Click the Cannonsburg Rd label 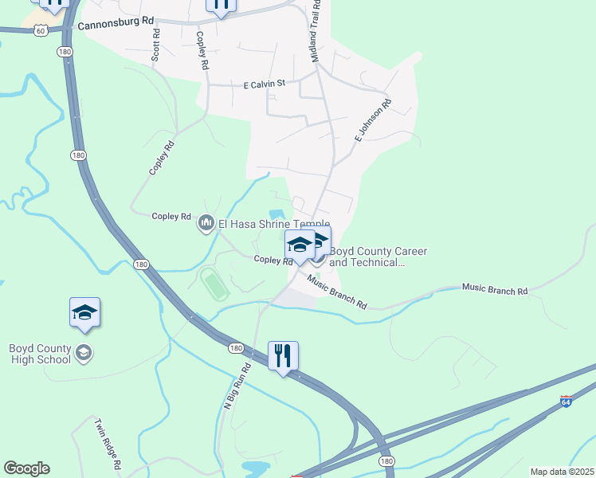pyautogui.click(x=116, y=25)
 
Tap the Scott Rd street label pyautogui.click(x=156, y=46)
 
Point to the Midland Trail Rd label pyautogui.click(x=316, y=32)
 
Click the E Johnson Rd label pyautogui.click(x=373, y=121)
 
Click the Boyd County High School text pyautogui.click(x=40, y=353)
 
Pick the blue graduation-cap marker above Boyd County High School pyautogui.click(x=85, y=313)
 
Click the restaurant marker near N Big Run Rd pyautogui.click(x=283, y=355)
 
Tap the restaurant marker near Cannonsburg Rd pyautogui.click(x=221, y=5)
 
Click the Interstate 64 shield pyautogui.click(x=567, y=401)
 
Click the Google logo pyautogui.click(x=26, y=468)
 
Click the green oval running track pyautogui.click(x=213, y=284)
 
